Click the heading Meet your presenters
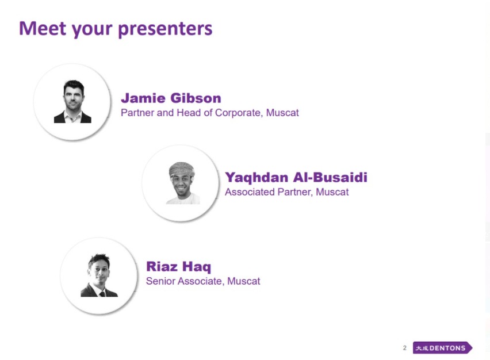click(116, 29)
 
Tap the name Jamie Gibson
click(171, 98)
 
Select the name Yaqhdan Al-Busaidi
click(296, 178)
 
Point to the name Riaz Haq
click(178, 267)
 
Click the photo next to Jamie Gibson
click(72, 101)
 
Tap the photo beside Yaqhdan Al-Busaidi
click(182, 183)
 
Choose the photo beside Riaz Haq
click(99, 275)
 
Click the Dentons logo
click(442, 347)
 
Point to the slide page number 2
click(405, 348)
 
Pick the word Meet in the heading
click(43, 28)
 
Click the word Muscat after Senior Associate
click(243, 281)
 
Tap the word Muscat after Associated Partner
click(332, 192)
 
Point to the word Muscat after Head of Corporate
click(282, 113)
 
